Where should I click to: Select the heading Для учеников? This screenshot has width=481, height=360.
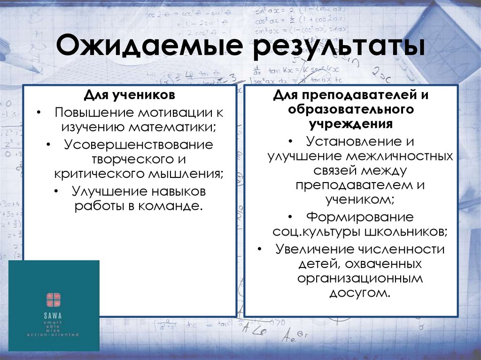130,95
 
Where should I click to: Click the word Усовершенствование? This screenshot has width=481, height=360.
139,145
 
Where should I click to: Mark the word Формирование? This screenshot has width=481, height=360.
360,217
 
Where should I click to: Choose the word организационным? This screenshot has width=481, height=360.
360,278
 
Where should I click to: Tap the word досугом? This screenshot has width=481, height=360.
360,293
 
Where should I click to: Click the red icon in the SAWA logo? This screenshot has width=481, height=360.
54,299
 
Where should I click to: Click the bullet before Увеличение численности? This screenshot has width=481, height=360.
260,250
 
